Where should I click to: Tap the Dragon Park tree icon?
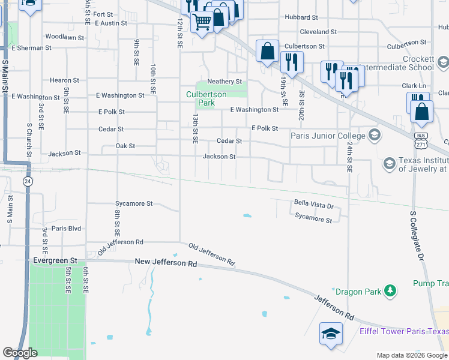click(x=390, y=291)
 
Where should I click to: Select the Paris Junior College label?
click(x=328, y=136)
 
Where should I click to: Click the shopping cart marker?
click(x=202, y=22)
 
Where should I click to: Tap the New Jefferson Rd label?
click(x=166, y=263)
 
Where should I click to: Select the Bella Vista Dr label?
click(x=313, y=205)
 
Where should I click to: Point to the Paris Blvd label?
click(x=66, y=229)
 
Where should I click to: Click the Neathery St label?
click(x=224, y=82)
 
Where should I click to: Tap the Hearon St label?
click(x=65, y=80)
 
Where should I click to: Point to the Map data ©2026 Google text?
click(x=411, y=355)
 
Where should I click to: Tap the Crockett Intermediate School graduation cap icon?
click(x=443, y=62)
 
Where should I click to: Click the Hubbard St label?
click(x=301, y=17)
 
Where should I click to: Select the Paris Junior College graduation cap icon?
click(x=375, y=134)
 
